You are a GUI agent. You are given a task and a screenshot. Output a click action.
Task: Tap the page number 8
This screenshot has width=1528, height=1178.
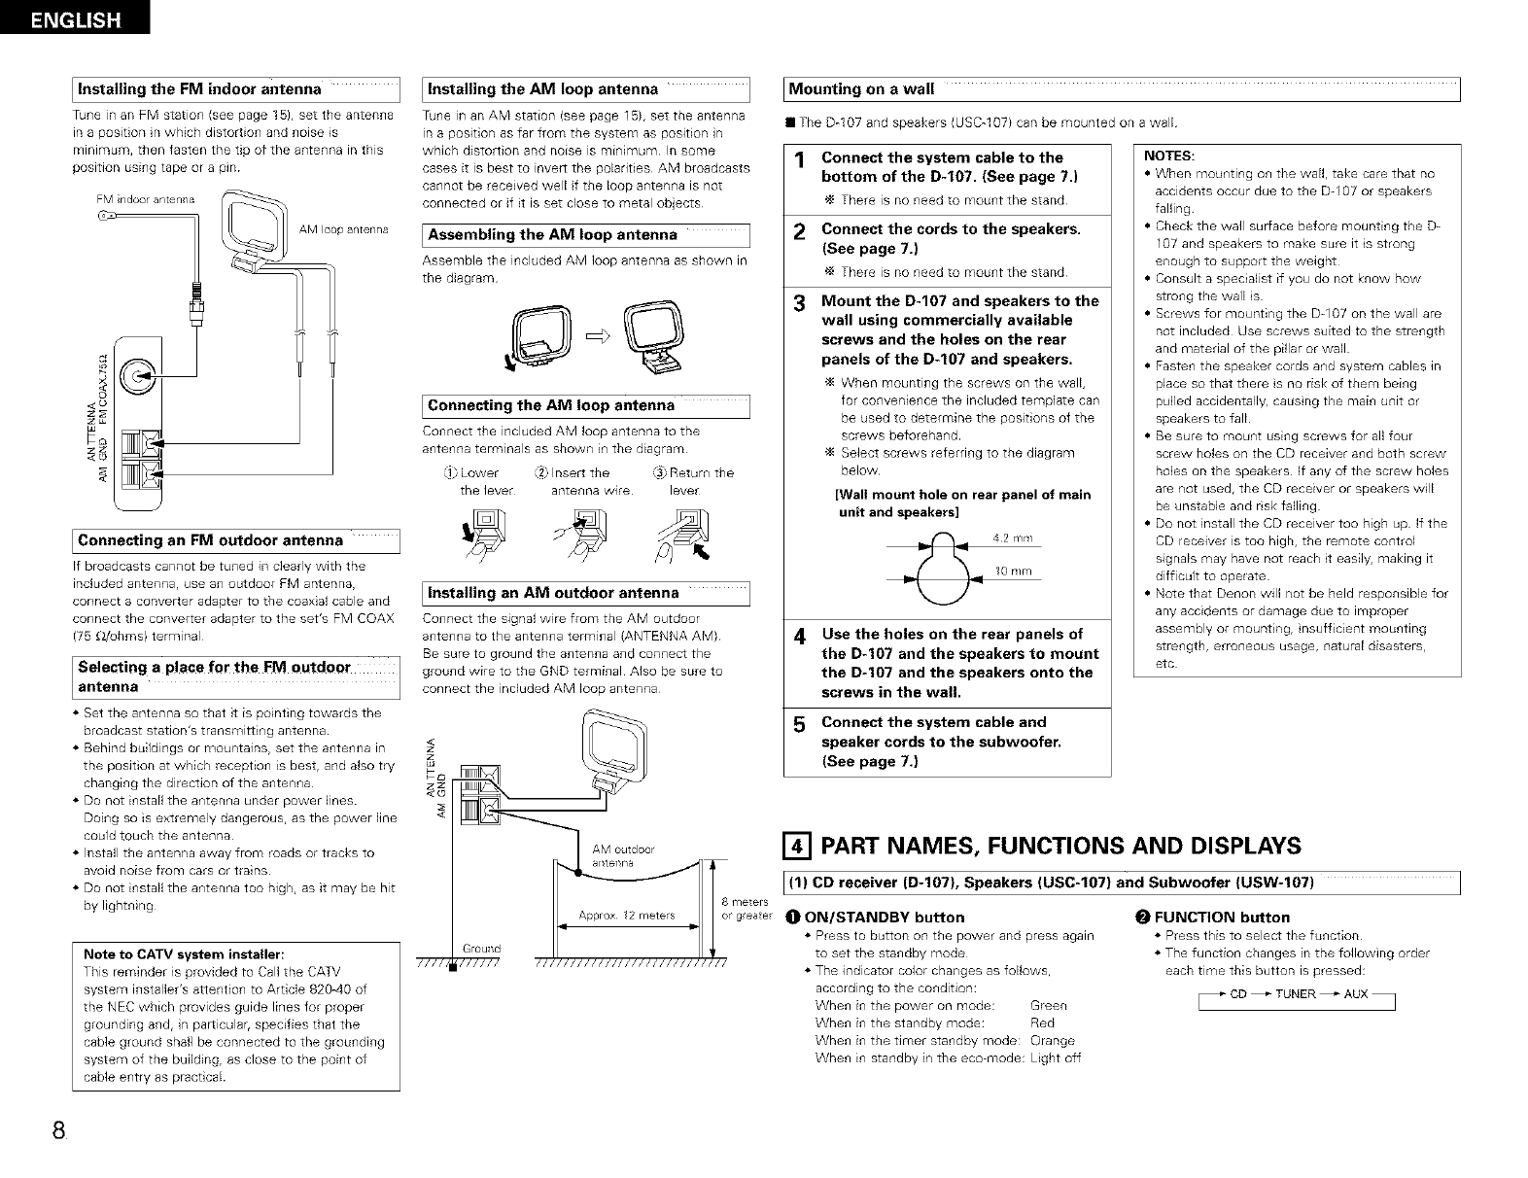pyautogui.click(x=59, y=1130)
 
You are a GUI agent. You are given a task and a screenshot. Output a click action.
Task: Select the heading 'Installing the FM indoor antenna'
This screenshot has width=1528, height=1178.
pyautogui.click(x=199, y=89)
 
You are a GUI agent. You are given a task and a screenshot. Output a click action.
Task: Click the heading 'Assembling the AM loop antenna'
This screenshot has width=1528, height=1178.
pyautogui.click(x=552, y=235)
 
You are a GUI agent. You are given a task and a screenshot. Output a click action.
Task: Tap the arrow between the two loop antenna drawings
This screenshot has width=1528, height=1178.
pyautogui.click(x=597, y=336)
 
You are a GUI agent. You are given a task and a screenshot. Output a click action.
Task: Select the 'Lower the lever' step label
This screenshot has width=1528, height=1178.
pyautogui.click(x=479, y=481)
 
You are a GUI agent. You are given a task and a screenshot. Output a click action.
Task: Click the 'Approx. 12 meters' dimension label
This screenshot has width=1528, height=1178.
pyautogui.click(x=627, y=915)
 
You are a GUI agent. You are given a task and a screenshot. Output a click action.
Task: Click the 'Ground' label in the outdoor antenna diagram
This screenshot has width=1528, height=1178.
pyautogui.click(x=480, y=948)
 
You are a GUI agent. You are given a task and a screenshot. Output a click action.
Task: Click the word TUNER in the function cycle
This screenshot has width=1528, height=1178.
pyautogui.click(x=1295, y=993)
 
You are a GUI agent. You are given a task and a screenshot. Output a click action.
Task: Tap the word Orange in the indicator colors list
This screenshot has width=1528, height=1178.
pyautogui.click(x=1052, y=1040)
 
